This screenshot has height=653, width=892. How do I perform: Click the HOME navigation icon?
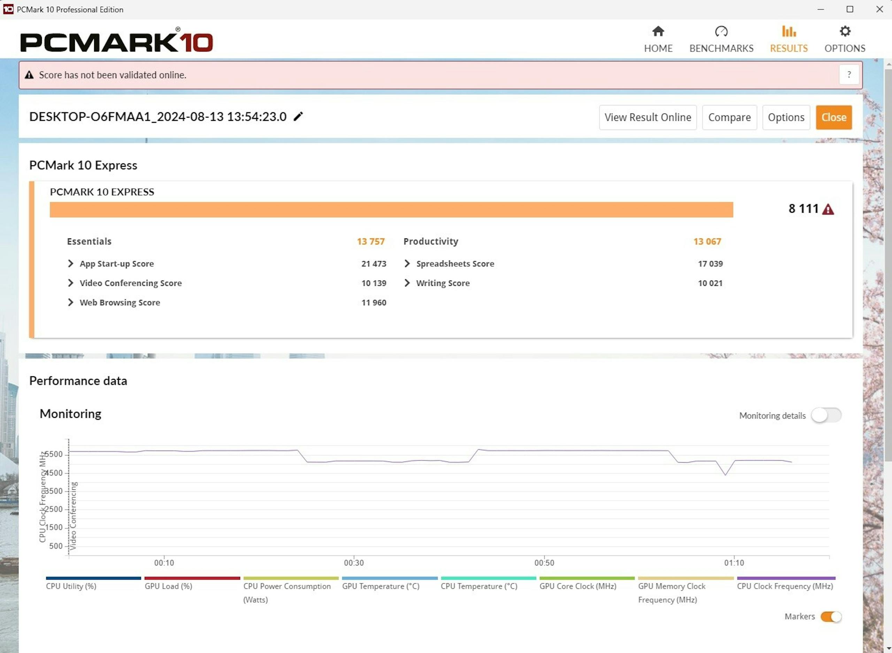[658, 31]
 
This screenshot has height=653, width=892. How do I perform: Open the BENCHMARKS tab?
[721, 40]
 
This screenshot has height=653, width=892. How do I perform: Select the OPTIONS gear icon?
[845, 31]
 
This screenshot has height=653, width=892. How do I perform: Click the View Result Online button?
[647, 117]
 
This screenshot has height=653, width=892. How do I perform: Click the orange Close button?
[834, 117]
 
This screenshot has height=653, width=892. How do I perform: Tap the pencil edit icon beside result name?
[298, 116]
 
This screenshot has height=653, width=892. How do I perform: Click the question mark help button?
[849, 75]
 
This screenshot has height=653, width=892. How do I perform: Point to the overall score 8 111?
[803, 209]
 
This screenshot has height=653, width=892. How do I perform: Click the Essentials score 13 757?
[371, 242]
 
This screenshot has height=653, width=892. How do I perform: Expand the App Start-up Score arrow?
[70, 263]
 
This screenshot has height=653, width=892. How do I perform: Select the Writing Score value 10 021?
[710, 283]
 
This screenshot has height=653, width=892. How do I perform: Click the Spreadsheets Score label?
[455, 263]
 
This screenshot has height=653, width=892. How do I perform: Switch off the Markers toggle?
[831, 617]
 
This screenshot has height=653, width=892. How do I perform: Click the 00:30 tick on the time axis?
[354, 562]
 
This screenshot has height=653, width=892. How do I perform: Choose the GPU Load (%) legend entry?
[169, 586]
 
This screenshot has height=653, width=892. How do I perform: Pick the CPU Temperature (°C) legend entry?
[479, 586]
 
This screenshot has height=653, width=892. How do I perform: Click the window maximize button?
[850, 9]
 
